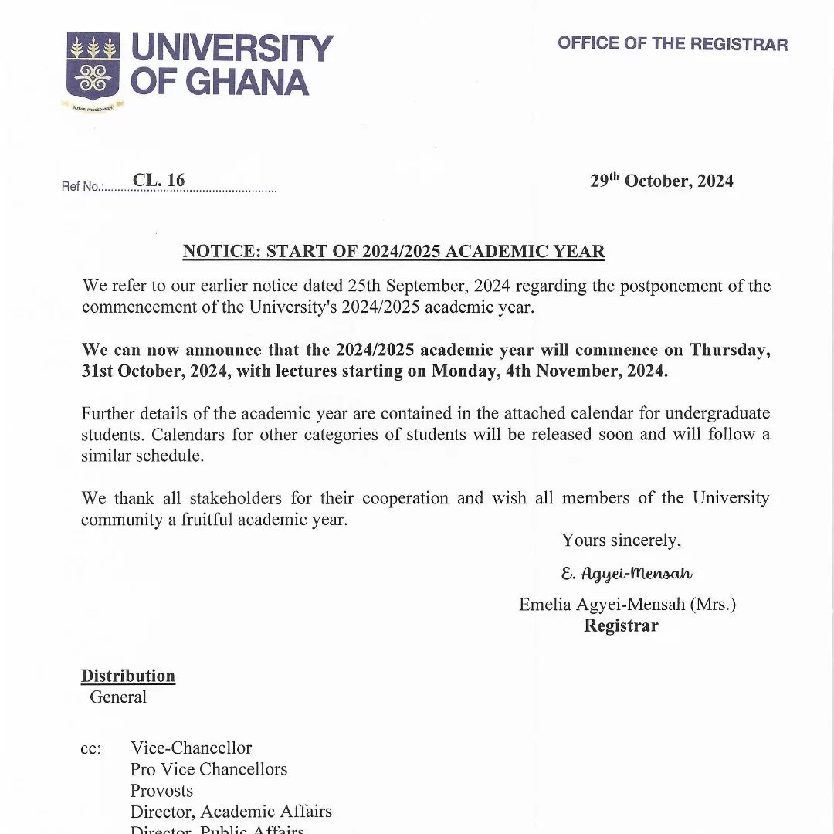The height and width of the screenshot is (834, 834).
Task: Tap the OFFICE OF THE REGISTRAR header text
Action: (x=673, y=43)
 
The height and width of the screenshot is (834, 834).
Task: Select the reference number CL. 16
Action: (x=158, y=181)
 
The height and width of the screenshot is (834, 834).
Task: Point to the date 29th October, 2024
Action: (x=662, y=181)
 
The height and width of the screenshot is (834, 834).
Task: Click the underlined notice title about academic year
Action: (x=394, y=252)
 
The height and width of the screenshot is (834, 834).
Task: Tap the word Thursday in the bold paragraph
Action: (x=729, y=350)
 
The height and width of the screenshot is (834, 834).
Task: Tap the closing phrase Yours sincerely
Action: (x=621, y=541)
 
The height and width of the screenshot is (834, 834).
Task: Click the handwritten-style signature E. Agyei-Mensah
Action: (x=626, y=574)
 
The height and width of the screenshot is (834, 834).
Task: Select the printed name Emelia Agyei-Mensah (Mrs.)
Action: (x=627, y=605)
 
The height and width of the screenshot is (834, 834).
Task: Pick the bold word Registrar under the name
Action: (x=621, y=625)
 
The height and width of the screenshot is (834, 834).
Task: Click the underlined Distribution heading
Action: (x=128, y=676)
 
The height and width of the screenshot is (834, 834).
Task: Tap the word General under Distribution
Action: (x=118, y=697)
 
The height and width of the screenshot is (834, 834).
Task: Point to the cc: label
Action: (x=91, y=749)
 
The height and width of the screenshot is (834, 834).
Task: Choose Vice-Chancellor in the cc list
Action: (x=191, y=748)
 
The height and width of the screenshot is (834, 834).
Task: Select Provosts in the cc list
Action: (x=161, y=791)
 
